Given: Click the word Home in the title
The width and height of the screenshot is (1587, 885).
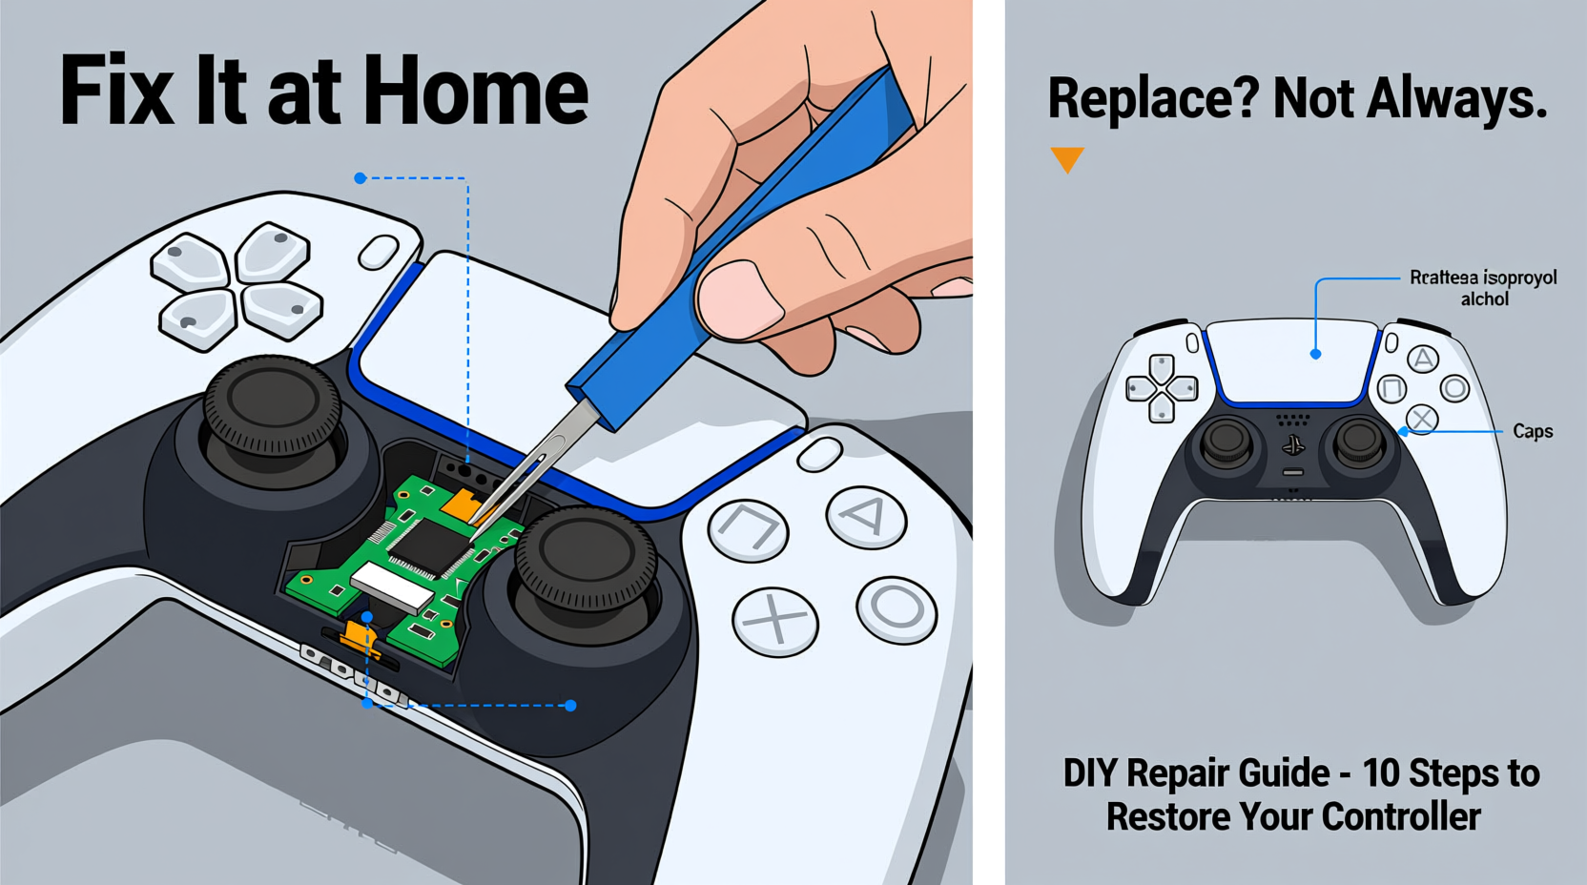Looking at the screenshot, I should [476, 92].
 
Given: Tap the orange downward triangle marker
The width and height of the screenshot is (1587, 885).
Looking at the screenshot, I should [1067, 159].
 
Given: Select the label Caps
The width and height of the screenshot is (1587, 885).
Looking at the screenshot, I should [1533, 432].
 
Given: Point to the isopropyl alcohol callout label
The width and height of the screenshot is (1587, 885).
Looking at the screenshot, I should [1483, 288].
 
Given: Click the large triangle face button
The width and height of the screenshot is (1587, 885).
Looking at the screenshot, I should [866, 518].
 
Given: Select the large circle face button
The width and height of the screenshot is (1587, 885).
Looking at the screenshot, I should [897, 608].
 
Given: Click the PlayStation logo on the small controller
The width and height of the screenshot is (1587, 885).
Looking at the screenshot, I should [1293, 445].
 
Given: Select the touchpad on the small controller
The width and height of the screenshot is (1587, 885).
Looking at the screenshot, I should [1293, 363].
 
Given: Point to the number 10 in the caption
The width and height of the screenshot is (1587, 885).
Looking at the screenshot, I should [1379, 773].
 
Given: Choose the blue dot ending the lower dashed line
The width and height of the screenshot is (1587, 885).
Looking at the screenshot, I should [570, 706].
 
